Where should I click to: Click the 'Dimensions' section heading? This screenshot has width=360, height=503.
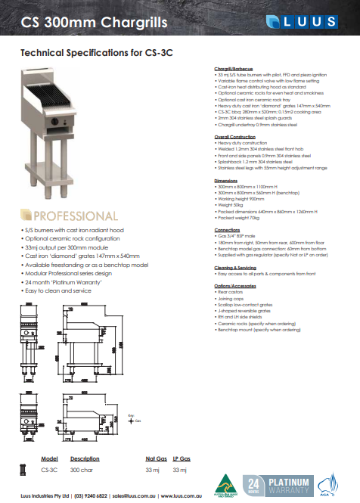225,181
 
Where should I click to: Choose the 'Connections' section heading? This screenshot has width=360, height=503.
227,229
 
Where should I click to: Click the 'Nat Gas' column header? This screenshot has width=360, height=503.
156,459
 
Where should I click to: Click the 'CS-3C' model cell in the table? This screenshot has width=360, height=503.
48,470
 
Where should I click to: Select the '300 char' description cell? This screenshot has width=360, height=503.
82,470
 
